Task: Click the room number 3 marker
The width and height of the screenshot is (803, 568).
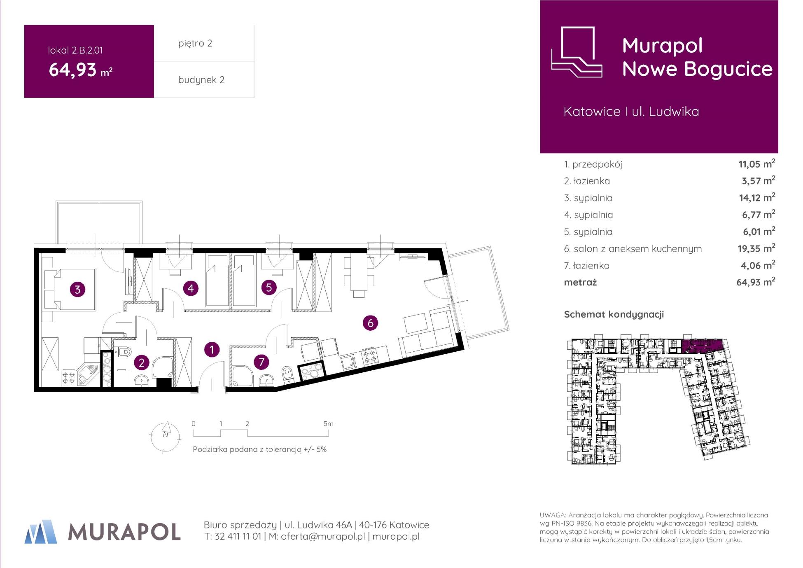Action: (77, 290)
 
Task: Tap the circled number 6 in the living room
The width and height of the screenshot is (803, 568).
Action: (370, 323)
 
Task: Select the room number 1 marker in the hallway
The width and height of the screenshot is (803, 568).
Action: (212, 350)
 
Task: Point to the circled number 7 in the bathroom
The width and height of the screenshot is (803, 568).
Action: (261, 362)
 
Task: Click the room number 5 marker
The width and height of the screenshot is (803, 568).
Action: (269, 287)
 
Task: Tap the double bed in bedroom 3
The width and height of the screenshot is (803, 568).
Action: (70, 289)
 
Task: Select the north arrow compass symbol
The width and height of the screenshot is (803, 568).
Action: (165, 436)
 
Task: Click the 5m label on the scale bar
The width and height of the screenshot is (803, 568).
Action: (328, 423)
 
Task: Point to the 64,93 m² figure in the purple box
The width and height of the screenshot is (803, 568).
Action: (81, 70)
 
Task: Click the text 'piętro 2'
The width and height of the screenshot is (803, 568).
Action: (195, 44)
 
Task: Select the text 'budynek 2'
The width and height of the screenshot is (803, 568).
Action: (201, 80)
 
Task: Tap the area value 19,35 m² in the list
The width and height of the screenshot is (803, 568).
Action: (756, 248)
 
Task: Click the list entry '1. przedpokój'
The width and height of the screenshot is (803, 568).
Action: (593, 164)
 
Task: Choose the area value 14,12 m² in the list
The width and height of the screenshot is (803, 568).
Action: (757, 198)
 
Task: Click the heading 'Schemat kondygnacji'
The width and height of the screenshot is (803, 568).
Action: (614, 315)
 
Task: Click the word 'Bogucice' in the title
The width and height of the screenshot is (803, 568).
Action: (728, 69)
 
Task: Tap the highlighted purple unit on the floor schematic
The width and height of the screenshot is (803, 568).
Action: (702, 346)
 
